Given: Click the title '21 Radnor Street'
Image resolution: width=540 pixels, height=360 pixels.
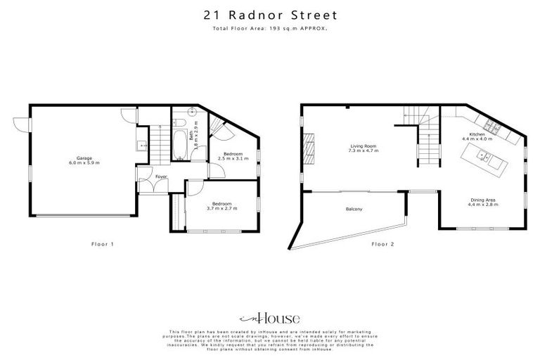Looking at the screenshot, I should click(x=270, y=14).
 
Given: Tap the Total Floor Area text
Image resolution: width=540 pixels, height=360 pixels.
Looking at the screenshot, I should click(x=270, y=29).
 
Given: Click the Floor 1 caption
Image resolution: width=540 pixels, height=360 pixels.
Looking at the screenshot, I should click(x=102, y=244).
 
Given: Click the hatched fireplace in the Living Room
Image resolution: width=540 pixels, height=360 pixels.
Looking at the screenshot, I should click(x=307, y=148).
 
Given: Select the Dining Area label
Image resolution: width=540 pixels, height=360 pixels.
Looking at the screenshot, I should click(x=484, y=202).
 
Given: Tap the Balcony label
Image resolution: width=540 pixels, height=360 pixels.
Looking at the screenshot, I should click(x=354, y=209).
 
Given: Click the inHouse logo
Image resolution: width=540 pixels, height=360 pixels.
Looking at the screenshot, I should click(x=270, y=317).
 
